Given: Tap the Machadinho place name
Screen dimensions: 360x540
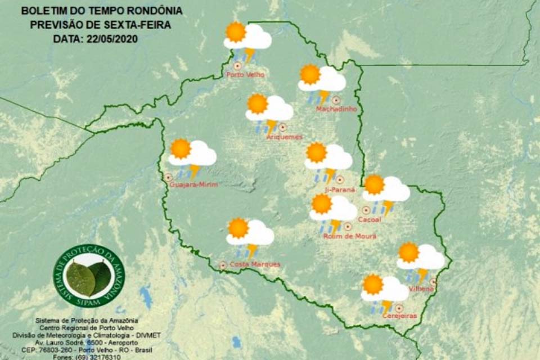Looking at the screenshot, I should [x=336, y=109].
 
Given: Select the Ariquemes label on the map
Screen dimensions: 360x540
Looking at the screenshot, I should [x=284, y=137].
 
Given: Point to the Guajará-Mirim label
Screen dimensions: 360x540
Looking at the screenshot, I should [x=193, y=184].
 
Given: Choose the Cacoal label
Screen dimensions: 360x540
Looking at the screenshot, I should [x=369, y=219].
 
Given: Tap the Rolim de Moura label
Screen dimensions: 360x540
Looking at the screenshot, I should [x=349, y=236].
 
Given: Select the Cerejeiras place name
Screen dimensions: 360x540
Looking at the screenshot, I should [x=399, y=316].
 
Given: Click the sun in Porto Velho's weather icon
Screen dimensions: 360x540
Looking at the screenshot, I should [x=235, y=33].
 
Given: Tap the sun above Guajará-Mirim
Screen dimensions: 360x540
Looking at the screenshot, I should [x=181, y=148].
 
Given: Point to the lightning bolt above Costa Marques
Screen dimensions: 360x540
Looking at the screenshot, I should [x=252, y=250].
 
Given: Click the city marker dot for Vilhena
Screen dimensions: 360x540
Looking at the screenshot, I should [x=433, y=281].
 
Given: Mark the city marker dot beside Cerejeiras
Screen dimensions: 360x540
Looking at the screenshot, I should [x=399, y=308].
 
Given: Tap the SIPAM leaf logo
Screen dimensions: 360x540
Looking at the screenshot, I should [x=89, y=276].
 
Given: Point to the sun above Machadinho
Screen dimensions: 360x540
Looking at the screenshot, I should [x=310, y=74].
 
